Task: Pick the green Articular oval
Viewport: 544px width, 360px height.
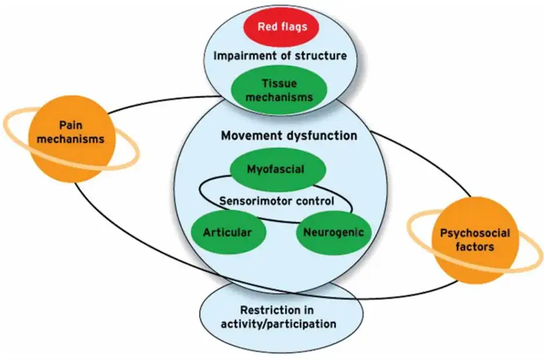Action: pos(229,233)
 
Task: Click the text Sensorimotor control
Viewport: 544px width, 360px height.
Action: pos(277,201)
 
